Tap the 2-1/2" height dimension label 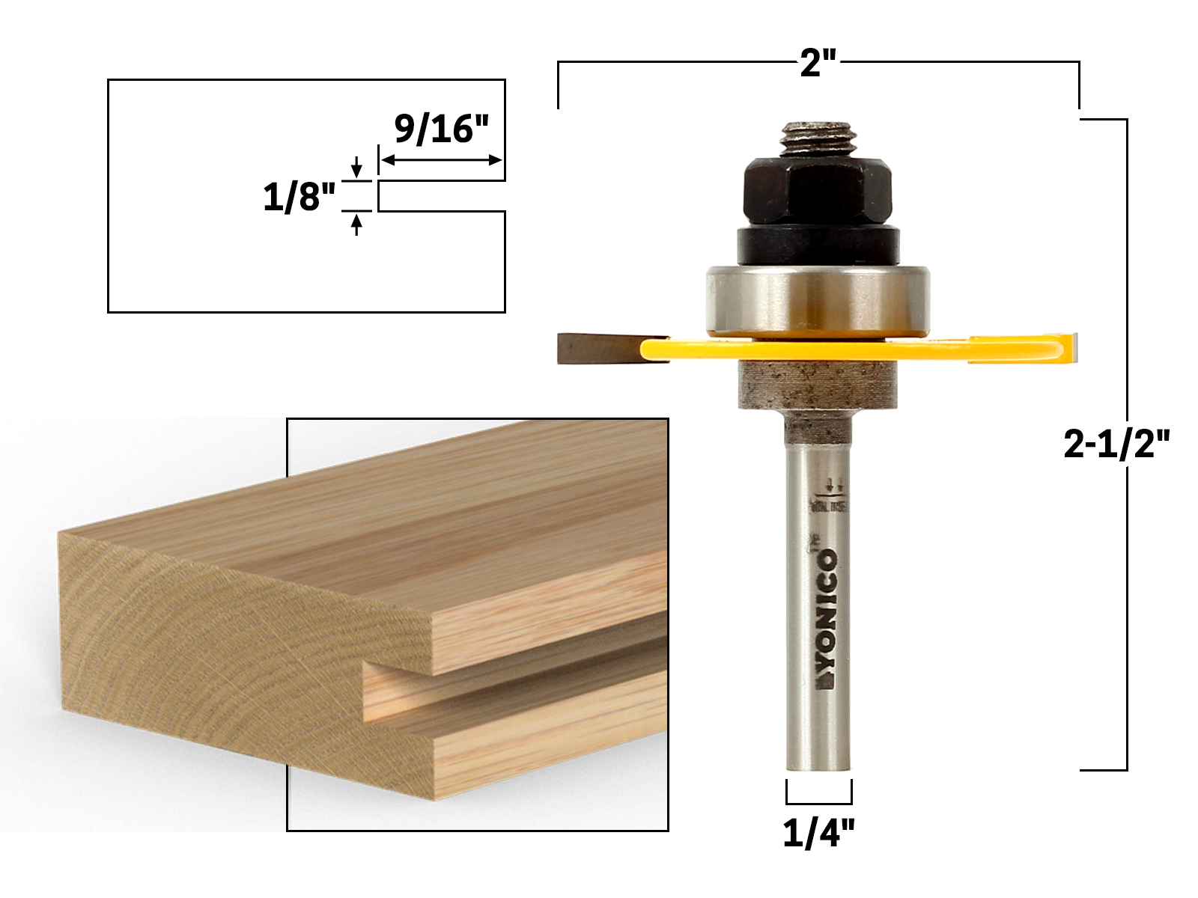[x=1116, y=445]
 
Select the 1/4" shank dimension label [x=818, y=832]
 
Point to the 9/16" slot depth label [x=441, y=129]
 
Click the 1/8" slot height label [x=299, y=198]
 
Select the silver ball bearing [x=818, y=299]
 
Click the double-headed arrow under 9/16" [x=441, y=159]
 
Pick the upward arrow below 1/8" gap [x=356, y=224]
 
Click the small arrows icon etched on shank [x=833, y=484]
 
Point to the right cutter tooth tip [x=1073, y=349]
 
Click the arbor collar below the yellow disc [x=818, y=385]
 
